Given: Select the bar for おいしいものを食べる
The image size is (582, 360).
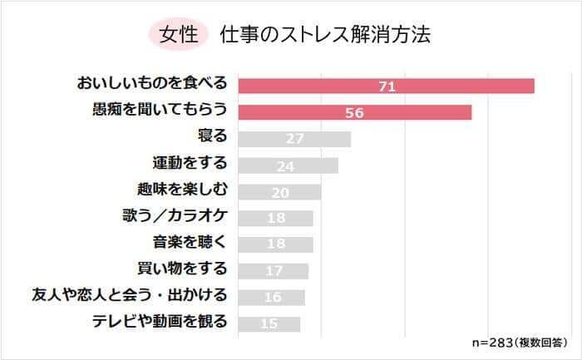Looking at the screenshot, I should coord(386,86).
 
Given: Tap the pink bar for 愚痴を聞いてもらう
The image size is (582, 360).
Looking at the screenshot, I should coord(355,112).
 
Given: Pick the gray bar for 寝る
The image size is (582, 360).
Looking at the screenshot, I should coord(294,138).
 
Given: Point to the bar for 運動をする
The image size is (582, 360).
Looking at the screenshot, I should coord(288,165).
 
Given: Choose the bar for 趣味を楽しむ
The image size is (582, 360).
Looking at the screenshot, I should coord(279,191).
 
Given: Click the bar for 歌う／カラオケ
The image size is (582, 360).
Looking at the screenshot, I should coord(275,218).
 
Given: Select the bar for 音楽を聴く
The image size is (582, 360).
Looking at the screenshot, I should coord(275,244).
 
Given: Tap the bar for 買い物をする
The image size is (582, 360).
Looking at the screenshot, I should coord(274,270).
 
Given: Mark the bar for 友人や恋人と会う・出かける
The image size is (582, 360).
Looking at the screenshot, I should coord(271,297).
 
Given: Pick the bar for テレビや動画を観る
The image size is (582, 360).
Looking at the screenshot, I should coord(269,323).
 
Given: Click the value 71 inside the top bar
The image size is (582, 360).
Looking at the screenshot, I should coord(386,86).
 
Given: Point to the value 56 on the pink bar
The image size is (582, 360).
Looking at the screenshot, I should coord(355,112).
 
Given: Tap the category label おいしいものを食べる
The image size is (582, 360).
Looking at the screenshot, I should coord(151,85).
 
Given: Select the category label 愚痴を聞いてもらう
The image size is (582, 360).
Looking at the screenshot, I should coord(159,111).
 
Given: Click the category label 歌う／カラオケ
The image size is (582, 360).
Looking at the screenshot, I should coord(173,217).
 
